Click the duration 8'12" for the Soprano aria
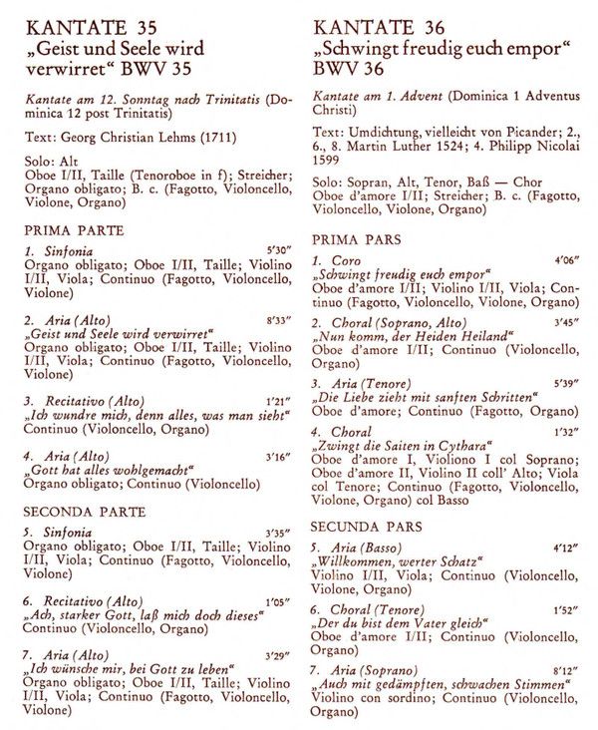[x=565, y=672]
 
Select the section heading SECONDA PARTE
[x=85, y=513]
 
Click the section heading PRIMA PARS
[x=356, y=240]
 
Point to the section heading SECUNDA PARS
[x=365, y=526]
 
